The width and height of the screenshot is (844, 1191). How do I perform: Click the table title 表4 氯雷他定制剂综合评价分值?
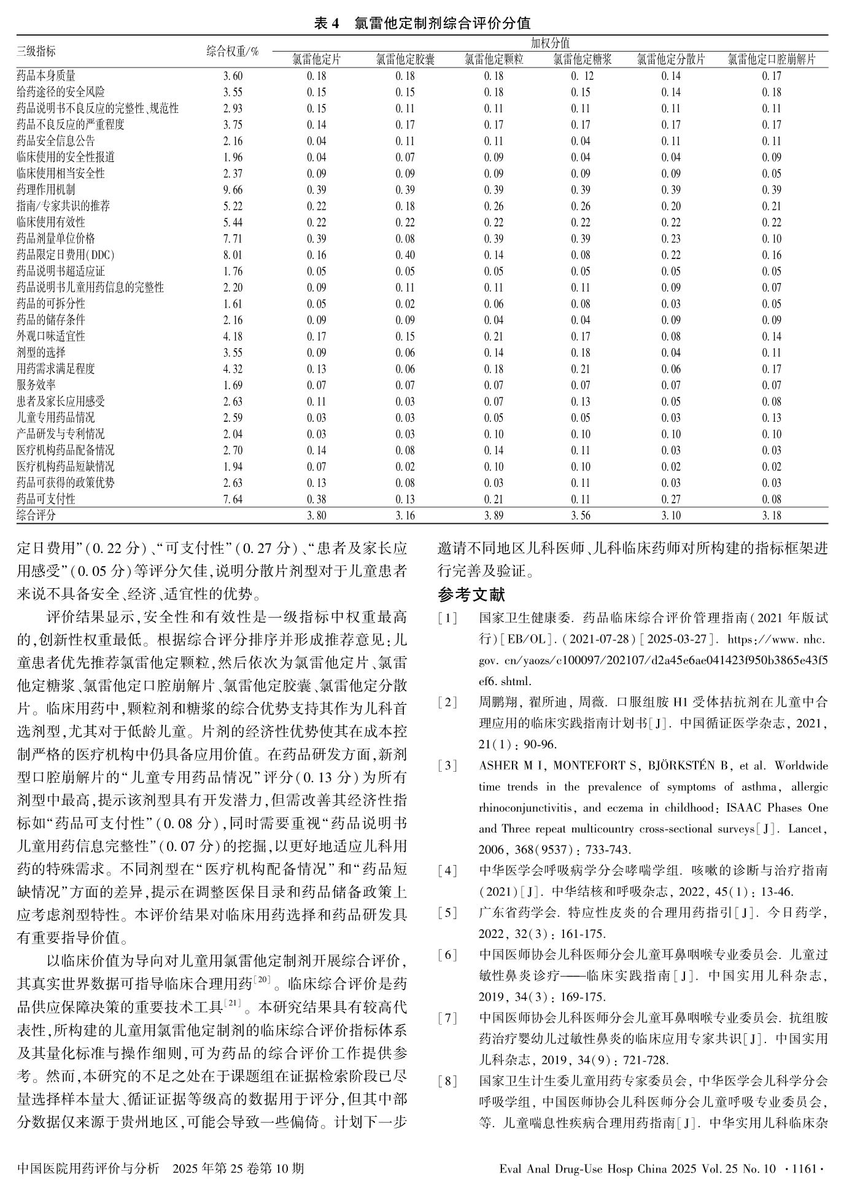422,23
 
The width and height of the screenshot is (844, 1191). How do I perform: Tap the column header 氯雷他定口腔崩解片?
772,60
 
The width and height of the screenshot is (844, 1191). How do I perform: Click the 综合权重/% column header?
232,52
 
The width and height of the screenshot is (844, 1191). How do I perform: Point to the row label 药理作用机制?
46,190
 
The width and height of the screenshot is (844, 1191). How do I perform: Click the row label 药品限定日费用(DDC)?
66,255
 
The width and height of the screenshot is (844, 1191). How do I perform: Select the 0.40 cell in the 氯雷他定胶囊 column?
405,255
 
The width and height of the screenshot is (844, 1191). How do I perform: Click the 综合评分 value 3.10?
670,516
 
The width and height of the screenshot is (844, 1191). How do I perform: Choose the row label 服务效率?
36,385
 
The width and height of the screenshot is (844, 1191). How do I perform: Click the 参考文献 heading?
471,594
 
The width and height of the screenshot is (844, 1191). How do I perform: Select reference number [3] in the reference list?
447,766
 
